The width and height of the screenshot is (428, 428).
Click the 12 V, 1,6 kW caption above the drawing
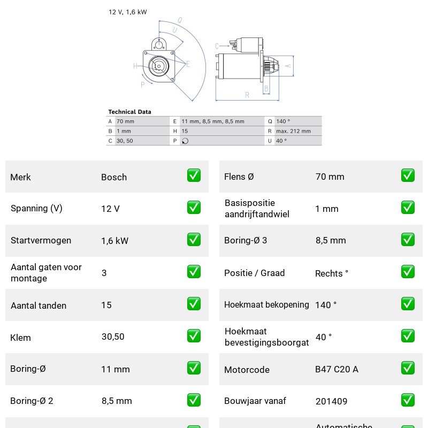(128, 12)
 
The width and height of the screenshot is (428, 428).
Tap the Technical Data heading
(129, 112)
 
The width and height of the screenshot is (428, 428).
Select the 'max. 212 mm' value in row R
(293, 131)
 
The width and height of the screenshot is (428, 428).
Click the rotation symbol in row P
(185, 141)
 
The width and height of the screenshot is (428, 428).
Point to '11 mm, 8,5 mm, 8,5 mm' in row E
(213, 121)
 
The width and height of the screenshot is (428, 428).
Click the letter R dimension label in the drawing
(247, 95)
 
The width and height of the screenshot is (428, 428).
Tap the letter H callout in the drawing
(135, 66)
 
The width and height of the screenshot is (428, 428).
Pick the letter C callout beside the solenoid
(217, 46)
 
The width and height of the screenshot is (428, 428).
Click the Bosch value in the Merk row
(114, 177)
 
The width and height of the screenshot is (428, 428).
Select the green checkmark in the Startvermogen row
(194, 239)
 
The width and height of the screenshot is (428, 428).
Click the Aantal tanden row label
(39, 305)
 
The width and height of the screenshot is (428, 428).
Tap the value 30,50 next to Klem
(113, 337)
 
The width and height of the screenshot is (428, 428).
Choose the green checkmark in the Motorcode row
(408, 368)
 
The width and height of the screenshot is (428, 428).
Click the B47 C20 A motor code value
(337, 369)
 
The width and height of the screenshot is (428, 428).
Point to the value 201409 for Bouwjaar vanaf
(331, 401)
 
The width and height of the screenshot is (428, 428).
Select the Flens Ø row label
(239, 177)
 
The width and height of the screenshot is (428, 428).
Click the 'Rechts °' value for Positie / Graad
(332, 273)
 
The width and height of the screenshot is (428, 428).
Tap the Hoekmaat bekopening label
(266, 304)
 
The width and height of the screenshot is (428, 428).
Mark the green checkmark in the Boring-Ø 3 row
(408, 239)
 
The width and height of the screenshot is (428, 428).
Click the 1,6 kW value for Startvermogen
(115, 241)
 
